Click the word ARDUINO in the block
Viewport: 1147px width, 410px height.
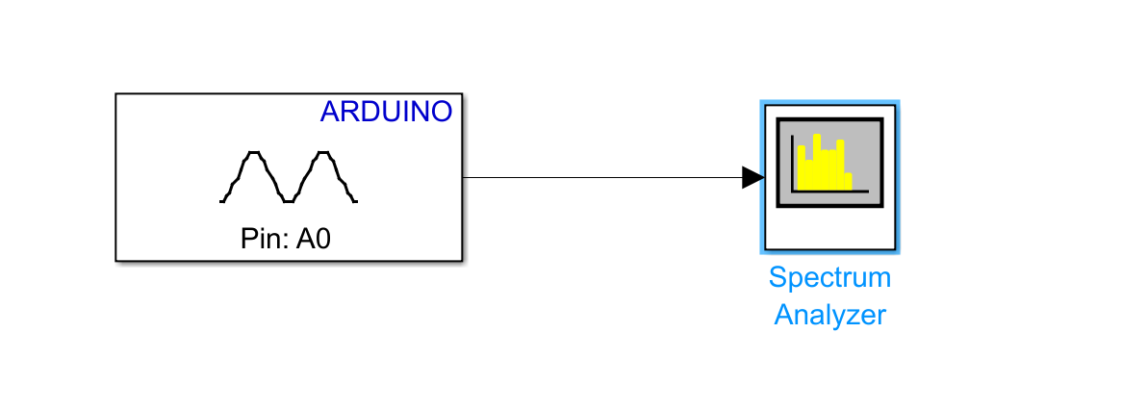click(386, 112)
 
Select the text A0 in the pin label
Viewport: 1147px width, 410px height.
click(313, 239)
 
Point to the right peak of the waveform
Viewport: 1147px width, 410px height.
click(322, 153)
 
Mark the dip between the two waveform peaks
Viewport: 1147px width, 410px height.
click(289, 200)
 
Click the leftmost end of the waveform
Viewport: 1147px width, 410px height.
click(221, 200)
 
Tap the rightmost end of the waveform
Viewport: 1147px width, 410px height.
click(355, 200)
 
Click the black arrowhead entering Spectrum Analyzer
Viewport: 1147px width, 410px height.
click(752, 177)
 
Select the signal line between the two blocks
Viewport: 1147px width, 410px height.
click(602, 177)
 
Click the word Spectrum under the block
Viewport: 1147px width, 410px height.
click(830, 278)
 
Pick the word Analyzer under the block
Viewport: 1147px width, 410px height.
click(830, 315)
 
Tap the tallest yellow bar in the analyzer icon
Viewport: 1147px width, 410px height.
click(817, 162)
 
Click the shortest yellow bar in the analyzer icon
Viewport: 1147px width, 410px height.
click(848, 182)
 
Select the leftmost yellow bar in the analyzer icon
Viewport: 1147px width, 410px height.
click(801, 167)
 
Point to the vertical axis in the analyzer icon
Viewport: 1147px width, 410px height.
click(792, 164)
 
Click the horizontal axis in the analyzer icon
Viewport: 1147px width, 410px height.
click(829, 192)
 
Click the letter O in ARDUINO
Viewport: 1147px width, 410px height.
click(442, 112)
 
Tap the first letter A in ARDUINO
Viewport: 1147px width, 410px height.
click(330, 112)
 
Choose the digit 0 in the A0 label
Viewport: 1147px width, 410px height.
click(322, 239)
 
